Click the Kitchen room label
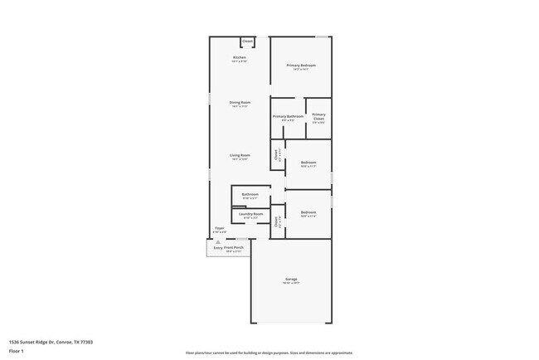239,57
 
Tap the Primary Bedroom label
301,66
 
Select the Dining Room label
240,103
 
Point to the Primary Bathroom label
288,116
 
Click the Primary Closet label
318,116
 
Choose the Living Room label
240,156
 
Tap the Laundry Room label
250,214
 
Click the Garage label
292,279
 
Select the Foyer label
220,228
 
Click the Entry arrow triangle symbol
218,242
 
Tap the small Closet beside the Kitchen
247,41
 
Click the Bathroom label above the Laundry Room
250,195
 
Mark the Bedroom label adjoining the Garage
308,212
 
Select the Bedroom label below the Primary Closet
308,163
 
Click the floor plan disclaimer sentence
269,352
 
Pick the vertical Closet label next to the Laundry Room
276,221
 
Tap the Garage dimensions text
292,283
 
